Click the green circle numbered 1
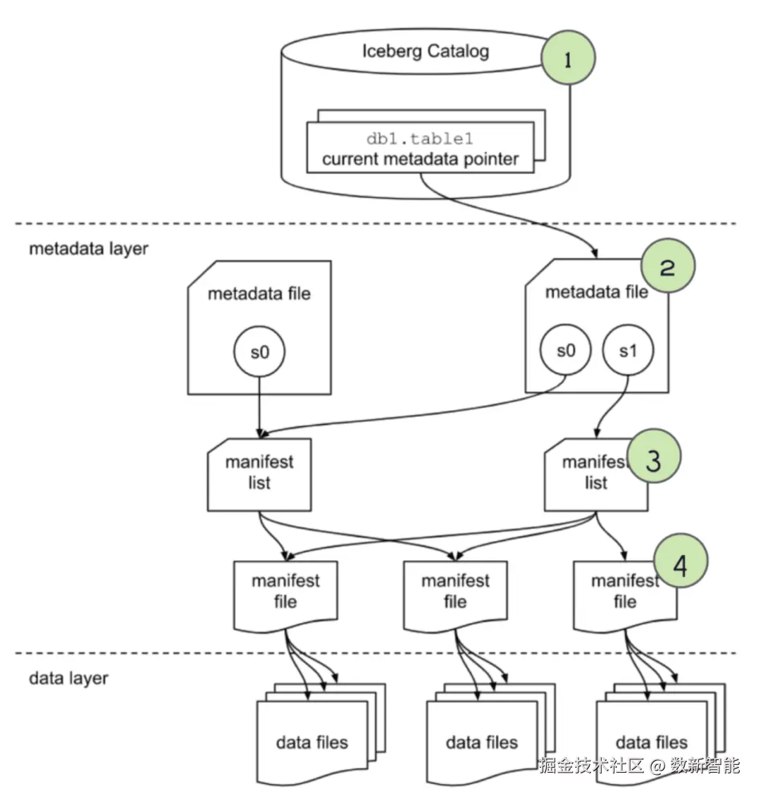(x=568, y=58)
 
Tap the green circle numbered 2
(x=667, y=266)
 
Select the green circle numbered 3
(x=653, y=457)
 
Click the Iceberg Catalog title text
(x=425, y=51)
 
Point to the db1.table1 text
(x=420, y=139)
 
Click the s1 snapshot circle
(x=628, y=351)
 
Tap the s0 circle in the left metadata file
(x=259, y=352)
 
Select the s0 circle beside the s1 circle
(x=566, y=351)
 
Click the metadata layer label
(x=88, y=249)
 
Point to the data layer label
(x=68, y=678)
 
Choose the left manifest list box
(x=259, y=473)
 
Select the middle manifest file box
(x=455, y=593)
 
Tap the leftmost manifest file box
(x=285, y=593)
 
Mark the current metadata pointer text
(x=420, y=159)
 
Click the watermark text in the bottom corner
(x=639, y=765)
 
